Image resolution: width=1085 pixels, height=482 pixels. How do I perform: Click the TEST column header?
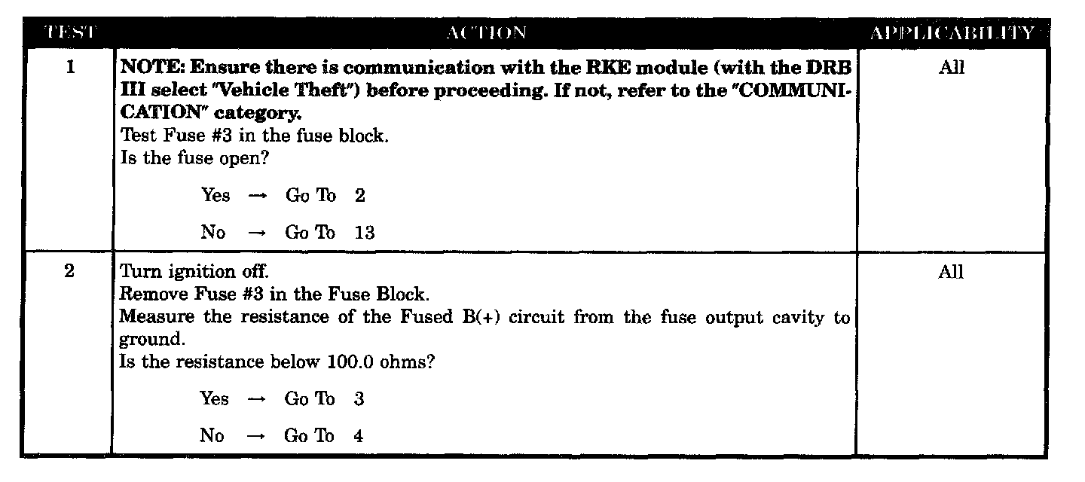coord(69,32)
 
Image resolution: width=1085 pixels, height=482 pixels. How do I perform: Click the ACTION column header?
coord(486,32)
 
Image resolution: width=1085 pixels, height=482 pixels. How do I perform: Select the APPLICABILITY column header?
coord(952,32)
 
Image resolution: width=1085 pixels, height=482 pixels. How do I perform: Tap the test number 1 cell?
coord(70,68)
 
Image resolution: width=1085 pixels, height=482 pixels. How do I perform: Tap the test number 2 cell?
coord(69,273)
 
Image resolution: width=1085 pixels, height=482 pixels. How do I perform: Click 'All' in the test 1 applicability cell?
coord(951,68)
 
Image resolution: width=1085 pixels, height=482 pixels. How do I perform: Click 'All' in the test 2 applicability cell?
coord(951,273)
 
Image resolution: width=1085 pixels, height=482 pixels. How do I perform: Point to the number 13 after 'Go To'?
coord(365,233)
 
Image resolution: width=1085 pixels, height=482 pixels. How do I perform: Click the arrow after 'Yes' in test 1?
coord(258,196)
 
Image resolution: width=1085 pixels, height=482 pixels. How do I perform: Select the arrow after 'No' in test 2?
coord(257,436)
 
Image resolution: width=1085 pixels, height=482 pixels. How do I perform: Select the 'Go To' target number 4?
coord(359,436)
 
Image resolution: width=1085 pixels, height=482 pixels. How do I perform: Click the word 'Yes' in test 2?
coord(214,399)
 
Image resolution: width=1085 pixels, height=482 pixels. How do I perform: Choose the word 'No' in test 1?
coord(213,233)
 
